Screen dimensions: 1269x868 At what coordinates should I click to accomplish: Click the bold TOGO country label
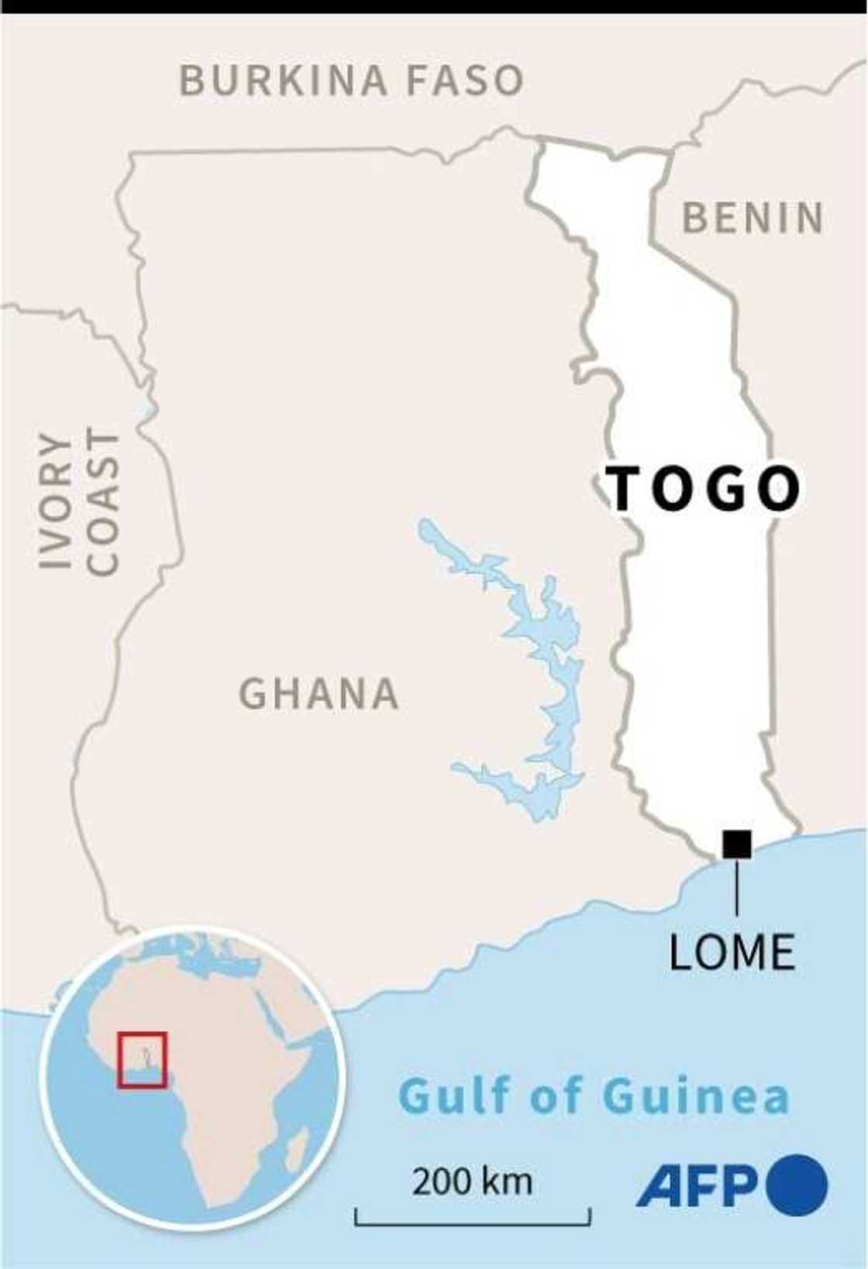click(x=704, y=489)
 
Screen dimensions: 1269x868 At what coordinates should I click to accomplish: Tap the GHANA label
click(x=319, y=693)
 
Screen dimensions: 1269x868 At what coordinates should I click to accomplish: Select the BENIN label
click(x=753, y=218)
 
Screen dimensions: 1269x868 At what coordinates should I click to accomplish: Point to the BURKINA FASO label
click(x=351, y=81)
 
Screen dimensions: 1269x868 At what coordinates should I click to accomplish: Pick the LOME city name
click(x=732, y=951)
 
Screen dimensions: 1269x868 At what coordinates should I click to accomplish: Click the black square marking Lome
click(x=736, y=844)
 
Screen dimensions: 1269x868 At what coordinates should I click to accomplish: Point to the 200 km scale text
click(x=472, y=1182)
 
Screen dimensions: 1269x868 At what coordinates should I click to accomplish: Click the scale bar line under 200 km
click(x=472, y=1224)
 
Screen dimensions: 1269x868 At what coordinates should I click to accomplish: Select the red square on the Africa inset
click(x=143, y=1059)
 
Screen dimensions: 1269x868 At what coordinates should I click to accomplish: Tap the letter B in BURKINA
click(x=191, y=81)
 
